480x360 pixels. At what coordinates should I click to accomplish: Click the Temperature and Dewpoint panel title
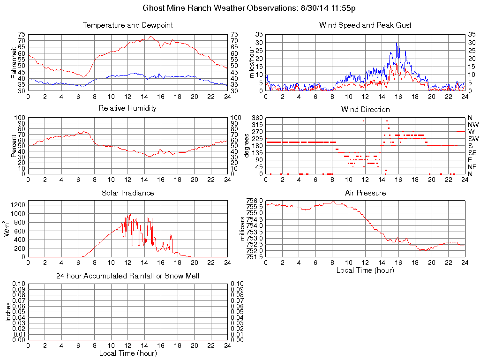(127, 25)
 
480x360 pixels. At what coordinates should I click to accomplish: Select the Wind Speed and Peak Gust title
(365, 25)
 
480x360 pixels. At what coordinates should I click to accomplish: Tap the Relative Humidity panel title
(127, 108)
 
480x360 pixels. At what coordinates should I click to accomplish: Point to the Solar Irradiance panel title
(127, 193)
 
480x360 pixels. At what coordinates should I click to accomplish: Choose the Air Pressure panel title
(365, 193)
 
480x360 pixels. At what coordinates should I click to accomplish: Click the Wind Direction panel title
(365, 109)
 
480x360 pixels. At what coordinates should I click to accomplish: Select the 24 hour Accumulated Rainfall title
(127, 276)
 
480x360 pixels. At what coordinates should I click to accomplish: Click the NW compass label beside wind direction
(473, 125)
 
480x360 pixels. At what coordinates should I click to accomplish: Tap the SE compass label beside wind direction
(472, 153)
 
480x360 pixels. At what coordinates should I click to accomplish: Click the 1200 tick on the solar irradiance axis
(18, 205)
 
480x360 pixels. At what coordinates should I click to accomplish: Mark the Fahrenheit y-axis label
(14, 62)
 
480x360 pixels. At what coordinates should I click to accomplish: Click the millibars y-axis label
(243, 228)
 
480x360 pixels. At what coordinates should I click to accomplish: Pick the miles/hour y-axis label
(252, 62)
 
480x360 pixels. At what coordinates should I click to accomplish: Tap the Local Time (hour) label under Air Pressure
(365, 270)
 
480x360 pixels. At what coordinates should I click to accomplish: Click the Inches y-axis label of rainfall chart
(8, 312)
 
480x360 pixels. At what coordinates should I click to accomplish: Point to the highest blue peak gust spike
(397, 43)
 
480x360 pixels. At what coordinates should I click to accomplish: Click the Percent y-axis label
(14, 145)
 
